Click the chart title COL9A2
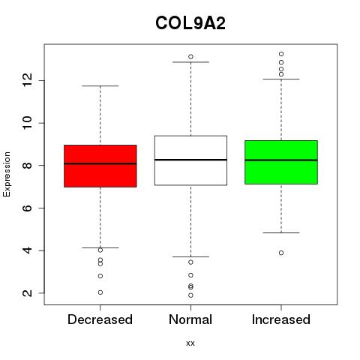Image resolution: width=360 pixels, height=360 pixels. [190, 23]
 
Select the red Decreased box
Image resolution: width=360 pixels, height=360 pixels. [100, 166]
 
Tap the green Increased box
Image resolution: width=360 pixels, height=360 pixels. [281, 162]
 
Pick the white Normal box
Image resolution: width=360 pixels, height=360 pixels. [190, 160]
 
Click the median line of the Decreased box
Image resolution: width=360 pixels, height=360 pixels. [100, 163]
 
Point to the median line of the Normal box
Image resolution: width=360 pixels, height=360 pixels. [190, 160]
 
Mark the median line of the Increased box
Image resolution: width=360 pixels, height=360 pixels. [281, 160]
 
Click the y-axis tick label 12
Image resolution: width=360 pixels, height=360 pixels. [28, 80]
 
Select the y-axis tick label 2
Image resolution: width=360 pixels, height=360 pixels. [28, 293]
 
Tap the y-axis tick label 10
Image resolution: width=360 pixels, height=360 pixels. [28, 123]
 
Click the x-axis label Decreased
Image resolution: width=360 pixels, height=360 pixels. [100, 319]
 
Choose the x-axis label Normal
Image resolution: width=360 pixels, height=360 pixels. [190, 319]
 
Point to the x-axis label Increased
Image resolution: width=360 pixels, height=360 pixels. [281, 319]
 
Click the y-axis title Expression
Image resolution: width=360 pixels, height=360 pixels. [7, 174]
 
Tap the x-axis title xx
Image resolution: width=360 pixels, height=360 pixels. [190, 343]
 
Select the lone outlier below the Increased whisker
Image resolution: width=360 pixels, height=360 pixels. [281, 253]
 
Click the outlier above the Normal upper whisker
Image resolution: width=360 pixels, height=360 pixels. [190, 57]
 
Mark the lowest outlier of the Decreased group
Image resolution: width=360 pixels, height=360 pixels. [100, 292]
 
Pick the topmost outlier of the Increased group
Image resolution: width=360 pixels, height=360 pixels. [281, 54]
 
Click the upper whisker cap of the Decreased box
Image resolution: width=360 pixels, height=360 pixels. [100, 85]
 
